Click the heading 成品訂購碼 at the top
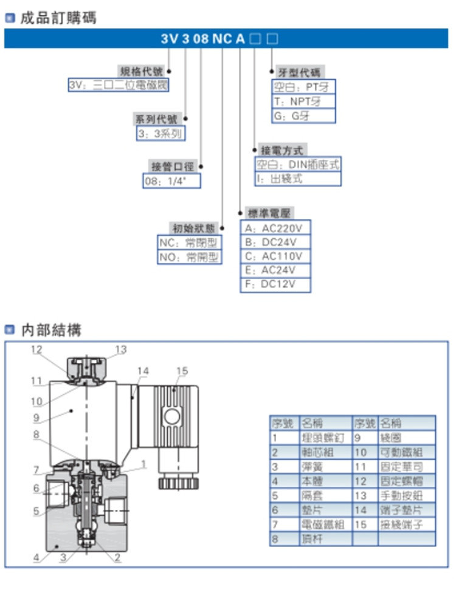[x=58, y=18]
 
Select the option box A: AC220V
[x=276, y=229]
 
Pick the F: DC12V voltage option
[x=276, y=284]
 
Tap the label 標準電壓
[x=270, y=213]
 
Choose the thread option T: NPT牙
[x=302, y=101]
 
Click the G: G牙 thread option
[x=302, y=115]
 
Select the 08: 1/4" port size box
[x=171, y=181]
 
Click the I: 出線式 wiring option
[x=297, y=179]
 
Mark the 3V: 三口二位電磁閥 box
[x=118, y=85]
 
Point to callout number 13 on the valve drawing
[x=121, y=349]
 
